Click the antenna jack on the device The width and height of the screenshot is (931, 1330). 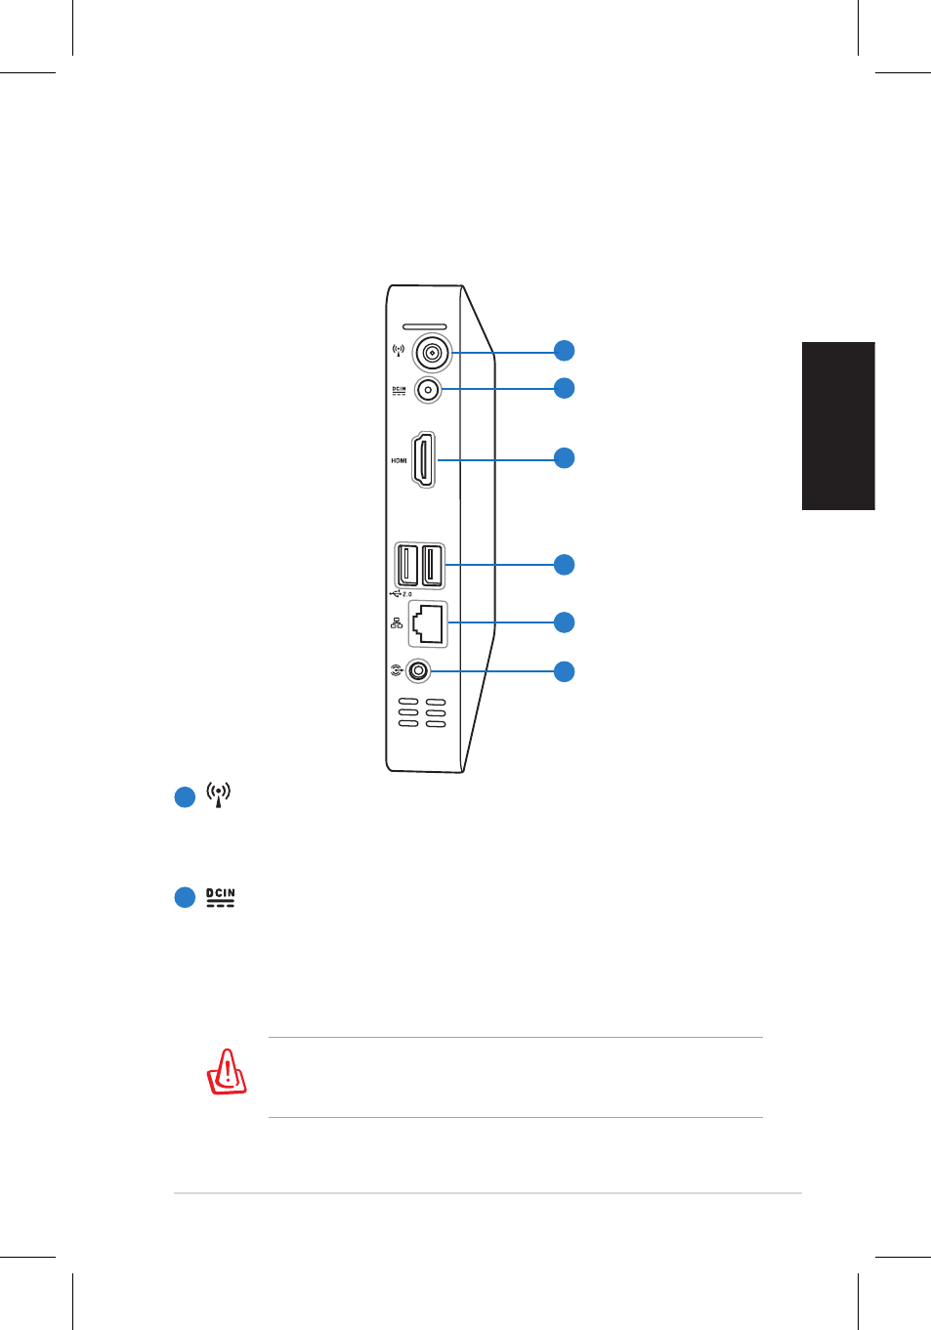432,353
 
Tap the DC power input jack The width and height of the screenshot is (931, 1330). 428,390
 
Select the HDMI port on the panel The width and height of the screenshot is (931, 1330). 423,459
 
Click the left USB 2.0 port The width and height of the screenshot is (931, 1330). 408,565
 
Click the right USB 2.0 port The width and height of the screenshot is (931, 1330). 432,565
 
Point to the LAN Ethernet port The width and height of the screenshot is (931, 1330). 428,624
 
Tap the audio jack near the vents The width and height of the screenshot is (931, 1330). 418,671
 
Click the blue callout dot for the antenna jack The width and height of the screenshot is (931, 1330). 564,350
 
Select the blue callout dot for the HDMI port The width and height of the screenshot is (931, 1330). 564,457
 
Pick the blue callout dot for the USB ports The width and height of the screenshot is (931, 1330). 564,565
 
